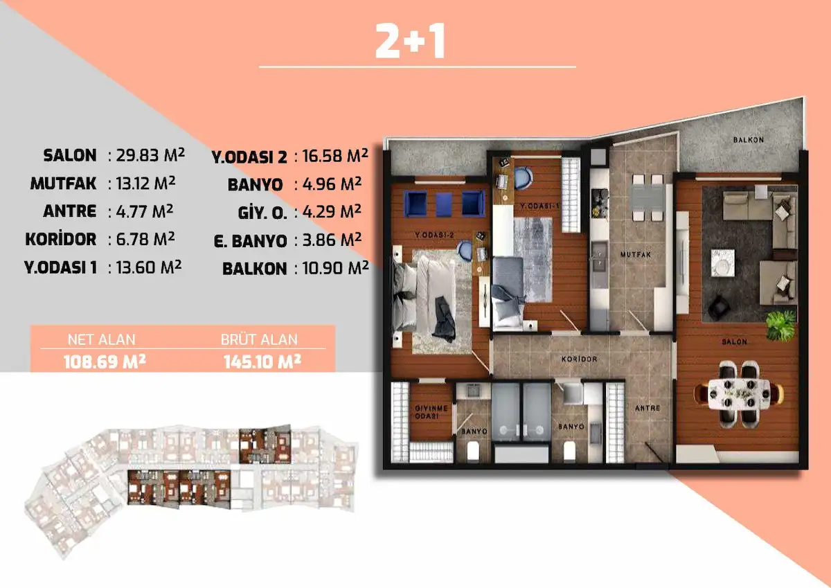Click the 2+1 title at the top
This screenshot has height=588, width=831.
[x=410, y=41]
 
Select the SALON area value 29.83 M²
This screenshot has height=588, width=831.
[x=150, y=155]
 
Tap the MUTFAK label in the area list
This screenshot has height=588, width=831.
[x=63, y=184]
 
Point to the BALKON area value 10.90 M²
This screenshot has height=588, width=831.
[x=335, y=268]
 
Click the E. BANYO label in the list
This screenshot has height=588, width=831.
[x=251, y=241]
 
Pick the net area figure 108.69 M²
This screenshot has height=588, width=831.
[x=105, y=362]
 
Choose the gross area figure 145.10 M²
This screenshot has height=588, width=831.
[x=262, y=362]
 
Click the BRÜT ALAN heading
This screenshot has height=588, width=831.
[x=259, y=339]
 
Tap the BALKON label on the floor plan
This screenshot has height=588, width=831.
[x=749, y=140]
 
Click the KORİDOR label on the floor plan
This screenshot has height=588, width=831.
[x=579, y=359]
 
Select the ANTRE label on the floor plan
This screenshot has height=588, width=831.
[x=647, y=408]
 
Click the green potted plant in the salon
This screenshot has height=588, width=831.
[x=781, y=326]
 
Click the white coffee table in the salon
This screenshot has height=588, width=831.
[x=722, y=263]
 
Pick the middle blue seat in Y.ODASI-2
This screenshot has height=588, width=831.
[x=444, y=204]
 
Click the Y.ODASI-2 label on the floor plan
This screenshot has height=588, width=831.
[x=434, y=235]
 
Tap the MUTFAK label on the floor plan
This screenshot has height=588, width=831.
[x=636, y=254]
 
